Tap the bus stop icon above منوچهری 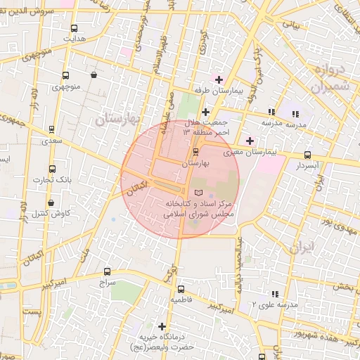[65, 76]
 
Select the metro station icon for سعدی [51, 129]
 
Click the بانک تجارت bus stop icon [52, 169]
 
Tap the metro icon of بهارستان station [195, 152]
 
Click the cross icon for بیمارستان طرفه [219, 79]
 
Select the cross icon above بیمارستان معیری [250, 141]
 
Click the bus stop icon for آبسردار [307, 155]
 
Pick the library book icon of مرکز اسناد [198, 192]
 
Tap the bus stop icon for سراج [107, 271]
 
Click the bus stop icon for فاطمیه [181, 288]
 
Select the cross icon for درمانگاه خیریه [162, 326]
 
